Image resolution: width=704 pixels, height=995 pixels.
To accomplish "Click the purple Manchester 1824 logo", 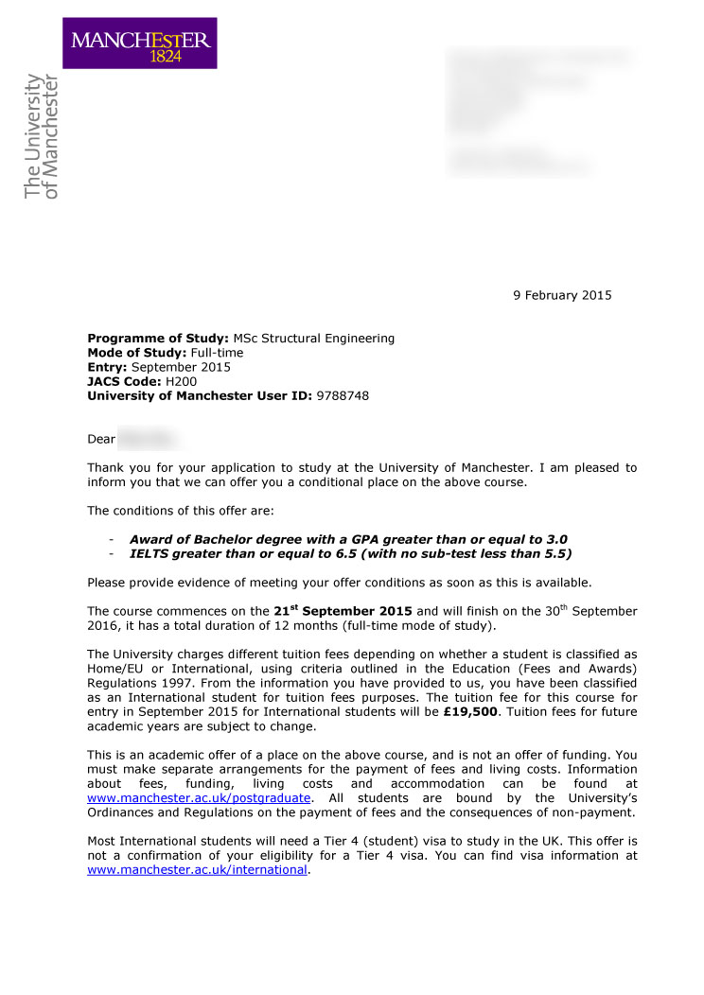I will click(x=140, y=43).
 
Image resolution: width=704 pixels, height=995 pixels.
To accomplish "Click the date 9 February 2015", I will click(x=562, y=295).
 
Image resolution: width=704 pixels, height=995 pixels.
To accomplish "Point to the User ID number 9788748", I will click(x=343, y=396).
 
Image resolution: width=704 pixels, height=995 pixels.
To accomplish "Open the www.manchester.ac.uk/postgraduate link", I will click(x=199, y=798).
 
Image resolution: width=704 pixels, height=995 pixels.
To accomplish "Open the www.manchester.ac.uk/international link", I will click(x=197, y=870).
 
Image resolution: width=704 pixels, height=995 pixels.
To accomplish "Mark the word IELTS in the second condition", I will click(x=150, y=553).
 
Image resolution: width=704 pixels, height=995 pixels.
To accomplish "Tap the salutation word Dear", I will click(x=100, y=439).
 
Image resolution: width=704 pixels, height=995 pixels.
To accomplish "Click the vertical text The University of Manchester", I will click(x=42, y=137).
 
